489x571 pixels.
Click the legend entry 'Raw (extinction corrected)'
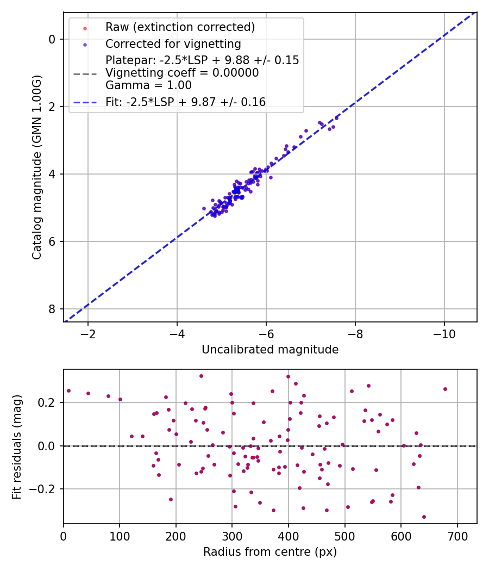point(180,27)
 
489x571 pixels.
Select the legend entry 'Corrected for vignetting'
point(173,44)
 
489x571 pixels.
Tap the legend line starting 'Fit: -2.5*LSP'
point(185,102)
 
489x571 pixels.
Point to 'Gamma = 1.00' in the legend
point(148,85)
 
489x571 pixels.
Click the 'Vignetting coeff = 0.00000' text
point(182,72)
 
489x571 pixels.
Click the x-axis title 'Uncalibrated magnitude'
point(270,350)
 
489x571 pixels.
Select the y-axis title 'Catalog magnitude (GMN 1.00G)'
point(37,167)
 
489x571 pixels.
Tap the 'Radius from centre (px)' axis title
point(270,552)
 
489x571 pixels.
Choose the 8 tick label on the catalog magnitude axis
point(52,309)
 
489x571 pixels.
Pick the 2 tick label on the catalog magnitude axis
point(52,107)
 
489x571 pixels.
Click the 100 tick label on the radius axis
point(120,537)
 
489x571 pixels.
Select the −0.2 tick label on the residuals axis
point(44,489)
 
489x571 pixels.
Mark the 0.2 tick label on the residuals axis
point(48,402)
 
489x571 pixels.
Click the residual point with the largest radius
point(445,389)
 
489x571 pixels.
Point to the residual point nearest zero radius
point(68,390)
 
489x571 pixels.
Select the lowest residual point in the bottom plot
point(424,517)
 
